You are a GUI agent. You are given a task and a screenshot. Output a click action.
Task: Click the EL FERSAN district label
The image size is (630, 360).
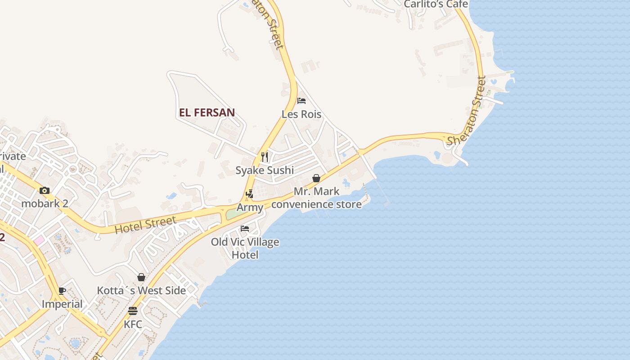click(x=207, y=112)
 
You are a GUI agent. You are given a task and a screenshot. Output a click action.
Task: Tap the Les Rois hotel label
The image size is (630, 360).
click(x=301, y=114)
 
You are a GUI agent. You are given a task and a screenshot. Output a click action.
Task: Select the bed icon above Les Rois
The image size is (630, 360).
click(x=301, y=101)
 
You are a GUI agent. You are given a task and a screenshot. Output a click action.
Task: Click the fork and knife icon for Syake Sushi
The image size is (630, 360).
click(x=265, y=157)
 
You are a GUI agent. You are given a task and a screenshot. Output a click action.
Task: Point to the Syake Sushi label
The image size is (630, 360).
click(x=265, y=170)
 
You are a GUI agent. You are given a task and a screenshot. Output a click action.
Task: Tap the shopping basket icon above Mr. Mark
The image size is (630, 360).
click(x=316, y=179)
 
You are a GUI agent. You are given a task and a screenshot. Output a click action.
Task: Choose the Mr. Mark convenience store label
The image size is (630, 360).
click(x=316, y=198)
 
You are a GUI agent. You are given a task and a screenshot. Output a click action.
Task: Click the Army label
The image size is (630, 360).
click(x=250, y=207)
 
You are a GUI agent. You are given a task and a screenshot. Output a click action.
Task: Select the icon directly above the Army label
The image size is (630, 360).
click(x=250, y=194)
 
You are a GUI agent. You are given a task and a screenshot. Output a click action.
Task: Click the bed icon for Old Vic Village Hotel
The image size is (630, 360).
click(x=245, y=229)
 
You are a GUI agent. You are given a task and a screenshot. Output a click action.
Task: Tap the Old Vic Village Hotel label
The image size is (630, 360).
click(x=245, y=248)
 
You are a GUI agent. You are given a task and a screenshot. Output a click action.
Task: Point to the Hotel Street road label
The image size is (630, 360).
click(x=145, y=225)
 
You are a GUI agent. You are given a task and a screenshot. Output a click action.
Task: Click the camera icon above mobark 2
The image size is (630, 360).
click(x=45, y=190)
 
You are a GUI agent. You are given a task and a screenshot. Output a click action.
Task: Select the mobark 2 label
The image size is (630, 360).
click(x=45, y=203)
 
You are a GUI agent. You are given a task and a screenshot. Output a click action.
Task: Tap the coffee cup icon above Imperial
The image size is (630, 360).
click(x=62, y=291)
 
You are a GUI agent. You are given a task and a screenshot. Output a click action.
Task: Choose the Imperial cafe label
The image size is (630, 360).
click(x=62, y=304)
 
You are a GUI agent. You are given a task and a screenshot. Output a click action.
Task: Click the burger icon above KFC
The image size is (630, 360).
click(x=133, y=311)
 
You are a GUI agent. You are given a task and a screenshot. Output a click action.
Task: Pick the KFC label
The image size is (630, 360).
click(x=133, y=324)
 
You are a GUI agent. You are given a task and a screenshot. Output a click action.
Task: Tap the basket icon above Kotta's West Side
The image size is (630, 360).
click(x=141, y=277)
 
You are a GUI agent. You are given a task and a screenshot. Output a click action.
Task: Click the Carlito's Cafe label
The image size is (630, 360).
click(x=436, y=4)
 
